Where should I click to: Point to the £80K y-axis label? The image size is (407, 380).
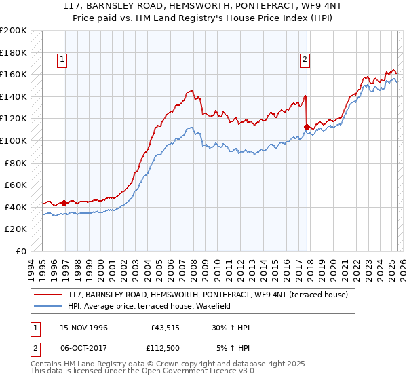(16, 163)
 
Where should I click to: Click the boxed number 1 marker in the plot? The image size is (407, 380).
(62, 60)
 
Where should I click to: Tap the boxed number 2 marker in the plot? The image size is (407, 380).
(305, 60)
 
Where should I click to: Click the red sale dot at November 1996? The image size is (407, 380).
(64, 203)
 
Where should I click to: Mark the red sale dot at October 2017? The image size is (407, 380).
(307, 127)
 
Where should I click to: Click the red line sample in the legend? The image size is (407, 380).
(47, 294)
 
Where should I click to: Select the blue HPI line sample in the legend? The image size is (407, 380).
(47, 306)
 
